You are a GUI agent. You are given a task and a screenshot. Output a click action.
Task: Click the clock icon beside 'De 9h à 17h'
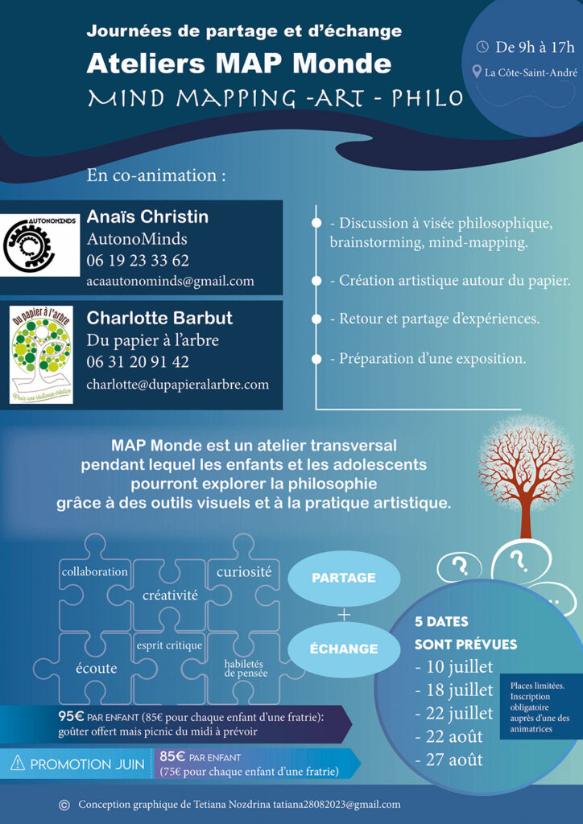point(482,47)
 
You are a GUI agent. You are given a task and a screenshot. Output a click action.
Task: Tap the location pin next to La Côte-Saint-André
point(477,73)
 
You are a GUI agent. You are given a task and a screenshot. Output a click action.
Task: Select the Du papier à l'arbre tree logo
point(41,354)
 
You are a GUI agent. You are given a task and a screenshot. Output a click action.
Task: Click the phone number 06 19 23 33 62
point(138,260)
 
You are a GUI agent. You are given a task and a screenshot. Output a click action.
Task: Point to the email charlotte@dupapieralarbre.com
point(177,384)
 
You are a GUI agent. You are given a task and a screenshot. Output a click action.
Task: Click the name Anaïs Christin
point(147,217)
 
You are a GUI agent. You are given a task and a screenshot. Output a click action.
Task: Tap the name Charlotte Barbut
point(159,318)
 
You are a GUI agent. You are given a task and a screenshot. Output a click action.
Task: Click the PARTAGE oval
point(344,577)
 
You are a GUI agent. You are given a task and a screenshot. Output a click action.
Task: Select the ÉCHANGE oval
point(344,648)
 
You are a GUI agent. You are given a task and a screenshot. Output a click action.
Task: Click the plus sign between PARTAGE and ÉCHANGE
point(345,614)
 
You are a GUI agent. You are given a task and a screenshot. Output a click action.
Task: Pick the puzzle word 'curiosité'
point(244,572)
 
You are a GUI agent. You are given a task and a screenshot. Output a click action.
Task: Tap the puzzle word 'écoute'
point(96,668)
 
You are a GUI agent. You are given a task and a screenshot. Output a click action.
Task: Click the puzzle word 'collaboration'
point(95,572)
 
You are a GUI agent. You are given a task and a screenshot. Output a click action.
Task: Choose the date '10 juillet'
point(453,667)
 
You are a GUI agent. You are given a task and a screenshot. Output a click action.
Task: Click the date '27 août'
point(449,759)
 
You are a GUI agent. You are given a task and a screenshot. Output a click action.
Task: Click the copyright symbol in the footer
point(64,805)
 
